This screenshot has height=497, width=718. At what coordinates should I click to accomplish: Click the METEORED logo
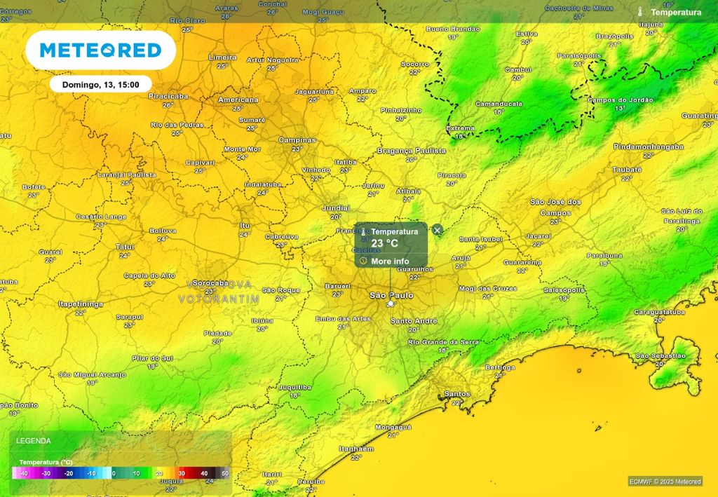100,50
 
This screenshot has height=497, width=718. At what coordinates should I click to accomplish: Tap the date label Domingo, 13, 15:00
101,84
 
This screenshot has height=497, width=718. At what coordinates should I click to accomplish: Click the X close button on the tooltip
438,230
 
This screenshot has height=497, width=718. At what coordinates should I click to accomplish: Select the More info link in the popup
391,261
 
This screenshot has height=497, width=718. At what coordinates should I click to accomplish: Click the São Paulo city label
391,296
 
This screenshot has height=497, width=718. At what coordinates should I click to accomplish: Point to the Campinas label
297,140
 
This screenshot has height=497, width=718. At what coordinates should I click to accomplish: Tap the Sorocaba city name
210,283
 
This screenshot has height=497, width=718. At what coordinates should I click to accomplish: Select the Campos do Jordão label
620,100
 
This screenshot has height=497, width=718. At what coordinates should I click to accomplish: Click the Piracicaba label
168,96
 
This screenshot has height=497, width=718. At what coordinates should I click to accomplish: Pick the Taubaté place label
627,170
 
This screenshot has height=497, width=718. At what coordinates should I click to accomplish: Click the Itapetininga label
81,304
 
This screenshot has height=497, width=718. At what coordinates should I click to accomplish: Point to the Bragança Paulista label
412,151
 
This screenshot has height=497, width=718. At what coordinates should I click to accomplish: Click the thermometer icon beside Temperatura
640,12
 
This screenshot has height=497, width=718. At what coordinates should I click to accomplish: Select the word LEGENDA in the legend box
34,441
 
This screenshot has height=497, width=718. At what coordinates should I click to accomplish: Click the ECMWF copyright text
664,482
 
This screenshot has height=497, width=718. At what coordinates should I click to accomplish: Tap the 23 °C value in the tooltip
385,243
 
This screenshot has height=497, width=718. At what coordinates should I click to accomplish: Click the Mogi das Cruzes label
487,289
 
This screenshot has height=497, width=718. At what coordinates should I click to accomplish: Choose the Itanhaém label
356,449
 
